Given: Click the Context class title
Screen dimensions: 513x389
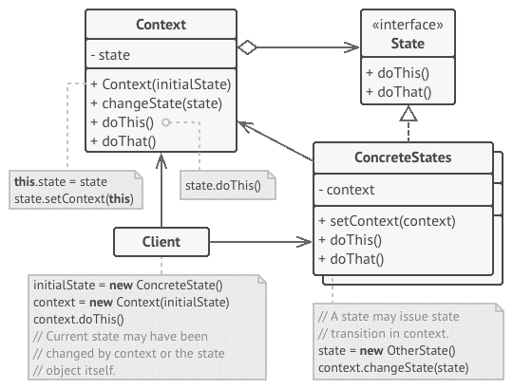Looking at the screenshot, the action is (x=161, y=25).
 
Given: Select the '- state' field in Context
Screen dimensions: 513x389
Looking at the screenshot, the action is (x=110, y=55).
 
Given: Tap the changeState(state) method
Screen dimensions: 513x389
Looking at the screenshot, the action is (x=157, y=103).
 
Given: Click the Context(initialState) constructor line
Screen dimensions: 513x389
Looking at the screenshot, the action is (x=161, y=84).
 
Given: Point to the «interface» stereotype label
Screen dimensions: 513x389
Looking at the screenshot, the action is (x=408, y=25).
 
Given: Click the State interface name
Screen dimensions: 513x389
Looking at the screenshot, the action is (x=408, y=44).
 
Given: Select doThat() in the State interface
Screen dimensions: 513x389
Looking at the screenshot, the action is (x=398, y=92).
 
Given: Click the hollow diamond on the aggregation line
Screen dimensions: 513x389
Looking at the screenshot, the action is (x=247, y=47).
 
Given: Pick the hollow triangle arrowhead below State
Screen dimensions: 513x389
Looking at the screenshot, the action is (x=408, y=114).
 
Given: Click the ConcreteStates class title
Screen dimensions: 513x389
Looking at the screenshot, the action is (x=403, y=157).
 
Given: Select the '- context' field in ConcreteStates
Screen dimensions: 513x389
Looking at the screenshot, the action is (x=347, y=190).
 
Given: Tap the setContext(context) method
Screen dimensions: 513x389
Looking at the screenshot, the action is (x=387, y=221).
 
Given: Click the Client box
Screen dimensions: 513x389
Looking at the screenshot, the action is (x=161, y=242).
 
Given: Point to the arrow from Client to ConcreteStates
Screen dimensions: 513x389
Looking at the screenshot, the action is (x=260, y=242).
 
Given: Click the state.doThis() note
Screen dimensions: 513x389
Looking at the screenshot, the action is (x=228, y=185).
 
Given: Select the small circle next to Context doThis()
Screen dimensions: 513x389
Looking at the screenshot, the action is (x=166, y=122).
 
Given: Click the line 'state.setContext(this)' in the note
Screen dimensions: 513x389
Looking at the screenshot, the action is (x=74, y=198).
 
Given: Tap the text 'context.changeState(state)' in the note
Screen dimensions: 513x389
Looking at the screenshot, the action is (x=393, y=368).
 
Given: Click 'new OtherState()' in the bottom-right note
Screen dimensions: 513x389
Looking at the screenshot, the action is (x=408, y=350).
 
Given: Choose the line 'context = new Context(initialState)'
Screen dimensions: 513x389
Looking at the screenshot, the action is (x=131, y=302).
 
